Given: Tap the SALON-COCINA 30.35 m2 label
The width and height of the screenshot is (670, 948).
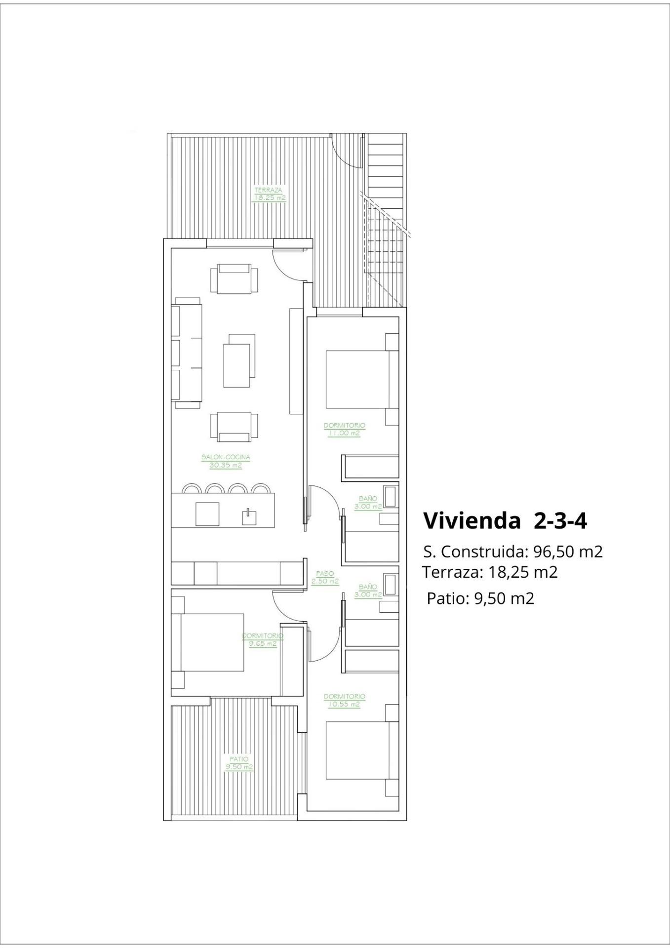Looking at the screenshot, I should tap(226, 461).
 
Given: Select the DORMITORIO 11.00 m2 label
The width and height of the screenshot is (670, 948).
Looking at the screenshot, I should tap(344, 429).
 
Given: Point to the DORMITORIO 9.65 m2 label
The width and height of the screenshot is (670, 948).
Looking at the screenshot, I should tap(263, 639).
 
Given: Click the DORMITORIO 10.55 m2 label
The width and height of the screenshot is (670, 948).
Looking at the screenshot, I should tap(344, 700).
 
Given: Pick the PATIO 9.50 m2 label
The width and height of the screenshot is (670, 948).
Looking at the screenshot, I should tap(239, 763).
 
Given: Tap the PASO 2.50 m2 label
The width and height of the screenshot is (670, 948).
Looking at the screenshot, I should tap(325, 577).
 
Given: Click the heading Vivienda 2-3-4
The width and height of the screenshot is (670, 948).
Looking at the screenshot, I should tap(505, 520).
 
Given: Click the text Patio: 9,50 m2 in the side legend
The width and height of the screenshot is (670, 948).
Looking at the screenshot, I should tap(480, 598).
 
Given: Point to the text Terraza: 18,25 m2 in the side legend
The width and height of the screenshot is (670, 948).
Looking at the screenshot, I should tap(490, 572).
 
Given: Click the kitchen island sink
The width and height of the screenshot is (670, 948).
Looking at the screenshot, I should tap(249, 517).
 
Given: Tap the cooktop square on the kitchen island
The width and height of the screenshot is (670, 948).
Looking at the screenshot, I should tap(207, 514).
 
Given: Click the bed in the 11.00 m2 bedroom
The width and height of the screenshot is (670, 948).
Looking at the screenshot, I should tap(361, 379).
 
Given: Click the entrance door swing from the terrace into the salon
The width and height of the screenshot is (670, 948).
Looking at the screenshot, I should tap(288, 262).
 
